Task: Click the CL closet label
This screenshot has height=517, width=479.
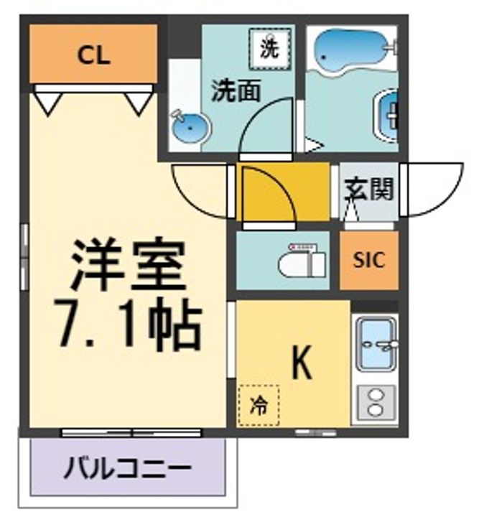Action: click(93, 56)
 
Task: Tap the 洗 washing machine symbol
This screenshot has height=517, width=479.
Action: click(270, 49)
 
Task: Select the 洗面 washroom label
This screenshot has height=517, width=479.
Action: click(236, 90)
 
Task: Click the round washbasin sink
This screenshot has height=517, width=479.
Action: click(190, 127)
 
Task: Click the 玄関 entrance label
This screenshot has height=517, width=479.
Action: click(369, 190)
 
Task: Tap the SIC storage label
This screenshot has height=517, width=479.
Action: click(369, 260)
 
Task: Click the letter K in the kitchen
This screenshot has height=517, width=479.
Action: click(302, 363)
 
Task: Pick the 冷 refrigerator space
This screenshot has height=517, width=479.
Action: click(259, 405)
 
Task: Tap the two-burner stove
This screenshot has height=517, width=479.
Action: click(376, 404)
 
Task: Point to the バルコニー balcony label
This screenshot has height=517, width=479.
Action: click(128, 469)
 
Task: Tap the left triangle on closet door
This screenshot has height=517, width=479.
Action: click(48, 104)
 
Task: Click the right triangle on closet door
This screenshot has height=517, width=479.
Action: click(139, 104)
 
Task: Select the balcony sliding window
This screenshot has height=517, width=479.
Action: click(131, 432)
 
